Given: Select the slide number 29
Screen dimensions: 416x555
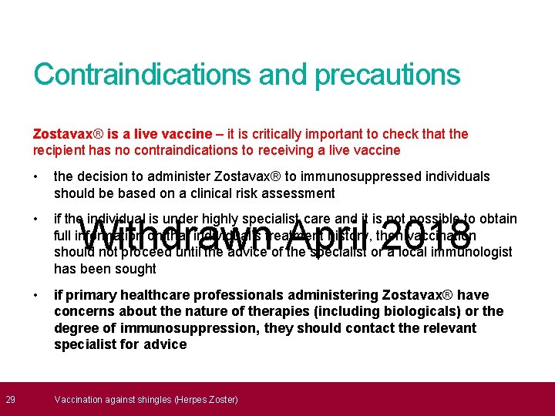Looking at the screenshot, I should pyautogui.click(x=9, y=399).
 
